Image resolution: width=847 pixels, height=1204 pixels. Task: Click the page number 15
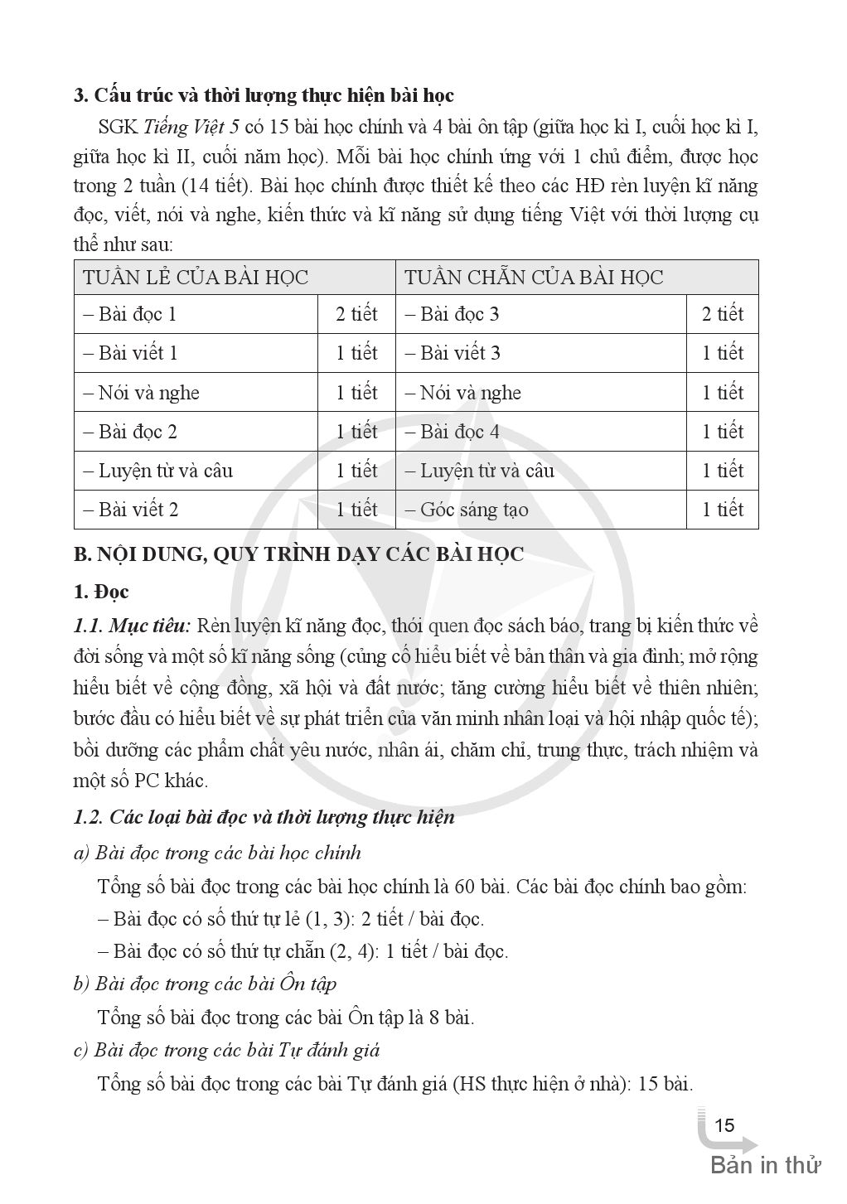coord(724,1125)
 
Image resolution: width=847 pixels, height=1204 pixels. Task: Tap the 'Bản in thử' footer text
coord(765,1165)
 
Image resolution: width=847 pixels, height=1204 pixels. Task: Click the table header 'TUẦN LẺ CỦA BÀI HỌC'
coord(196,278)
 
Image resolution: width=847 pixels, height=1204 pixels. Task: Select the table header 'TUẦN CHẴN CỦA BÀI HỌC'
coord(534,278)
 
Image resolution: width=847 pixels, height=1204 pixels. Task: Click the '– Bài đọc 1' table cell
coord(131,315)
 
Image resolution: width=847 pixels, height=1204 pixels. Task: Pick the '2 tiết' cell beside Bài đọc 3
coord(723,315)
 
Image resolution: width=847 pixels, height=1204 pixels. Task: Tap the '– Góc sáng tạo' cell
coord(467,510)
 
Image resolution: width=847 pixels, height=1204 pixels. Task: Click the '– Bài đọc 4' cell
coord(453,432)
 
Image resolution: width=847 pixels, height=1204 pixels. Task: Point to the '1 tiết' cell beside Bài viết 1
coord(356,354)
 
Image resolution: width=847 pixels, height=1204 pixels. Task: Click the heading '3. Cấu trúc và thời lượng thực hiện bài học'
coord(264,96)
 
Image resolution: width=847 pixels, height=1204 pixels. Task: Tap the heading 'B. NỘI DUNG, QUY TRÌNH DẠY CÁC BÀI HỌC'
coord(298,554)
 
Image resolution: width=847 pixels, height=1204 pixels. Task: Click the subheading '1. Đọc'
coord(101,592)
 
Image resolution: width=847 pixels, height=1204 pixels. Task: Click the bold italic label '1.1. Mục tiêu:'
coord(133,625)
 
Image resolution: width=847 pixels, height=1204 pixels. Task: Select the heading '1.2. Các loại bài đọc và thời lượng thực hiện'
coord(264,818)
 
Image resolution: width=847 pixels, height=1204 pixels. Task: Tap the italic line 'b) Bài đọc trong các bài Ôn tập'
coord(205,984)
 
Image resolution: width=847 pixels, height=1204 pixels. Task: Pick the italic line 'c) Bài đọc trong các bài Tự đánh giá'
coord(226,1051)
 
